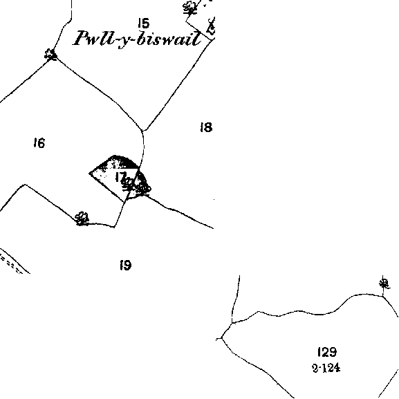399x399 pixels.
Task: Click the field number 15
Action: click(144, 23)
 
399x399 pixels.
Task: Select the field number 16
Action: click(39, 142)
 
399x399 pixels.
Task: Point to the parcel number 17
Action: click(120, 176)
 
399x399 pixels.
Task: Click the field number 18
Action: click(206, 127)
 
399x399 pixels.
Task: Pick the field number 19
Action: click(126, 265)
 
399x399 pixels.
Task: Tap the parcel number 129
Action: click(327, 352)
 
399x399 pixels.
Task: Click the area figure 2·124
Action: click(326, 368)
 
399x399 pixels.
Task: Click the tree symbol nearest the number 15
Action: click(190, 8)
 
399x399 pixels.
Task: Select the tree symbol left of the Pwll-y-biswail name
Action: click(50, 55)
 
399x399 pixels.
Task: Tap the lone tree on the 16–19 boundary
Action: click(82, 219)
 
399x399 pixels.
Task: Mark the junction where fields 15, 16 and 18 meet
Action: click(142, 131)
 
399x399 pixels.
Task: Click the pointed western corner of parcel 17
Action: click(89, 174)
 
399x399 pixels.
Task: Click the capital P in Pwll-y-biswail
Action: click(82, 38)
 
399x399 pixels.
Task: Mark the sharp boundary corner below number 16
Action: click(25, 185)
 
